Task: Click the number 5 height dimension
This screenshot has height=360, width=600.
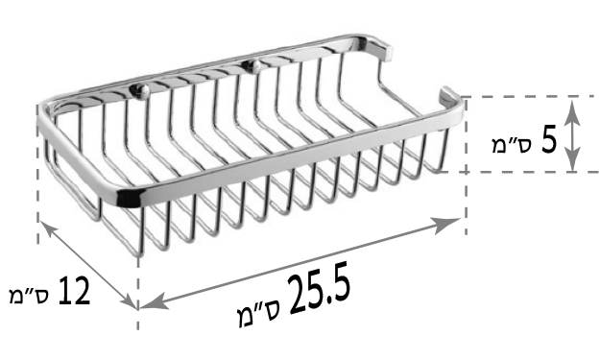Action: point(549,140)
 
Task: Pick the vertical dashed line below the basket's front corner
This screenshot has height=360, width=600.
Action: point(140,288)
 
